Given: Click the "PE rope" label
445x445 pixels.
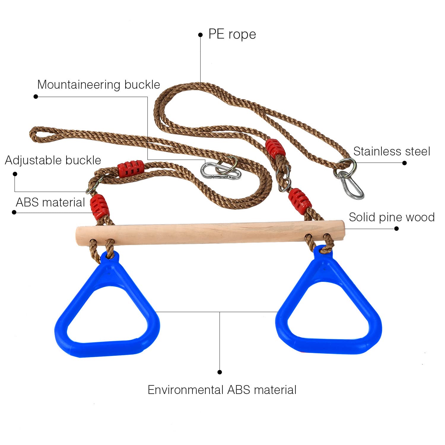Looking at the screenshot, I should coord(232,34).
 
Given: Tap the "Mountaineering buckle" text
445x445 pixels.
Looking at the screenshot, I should coord(98,85).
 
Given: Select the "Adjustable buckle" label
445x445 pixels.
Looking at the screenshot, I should coord(53,160).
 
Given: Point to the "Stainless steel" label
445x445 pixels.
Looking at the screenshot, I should coord(392,152).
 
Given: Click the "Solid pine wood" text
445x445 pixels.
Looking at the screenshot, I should coord(392,217).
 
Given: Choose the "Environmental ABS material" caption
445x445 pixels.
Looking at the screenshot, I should coord(222,390).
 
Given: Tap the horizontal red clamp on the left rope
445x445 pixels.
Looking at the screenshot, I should coord(131,169).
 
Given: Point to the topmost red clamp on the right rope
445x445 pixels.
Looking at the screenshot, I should coord(275,149).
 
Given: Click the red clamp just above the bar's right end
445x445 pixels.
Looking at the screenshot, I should coord(300,199).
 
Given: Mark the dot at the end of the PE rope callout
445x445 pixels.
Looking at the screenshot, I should coord(200,35).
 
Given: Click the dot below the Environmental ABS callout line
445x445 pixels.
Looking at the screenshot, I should coord(220,372).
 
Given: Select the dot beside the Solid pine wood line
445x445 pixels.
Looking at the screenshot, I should coord(396,228).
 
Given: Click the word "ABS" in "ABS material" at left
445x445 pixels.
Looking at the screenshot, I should coord(27,203).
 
